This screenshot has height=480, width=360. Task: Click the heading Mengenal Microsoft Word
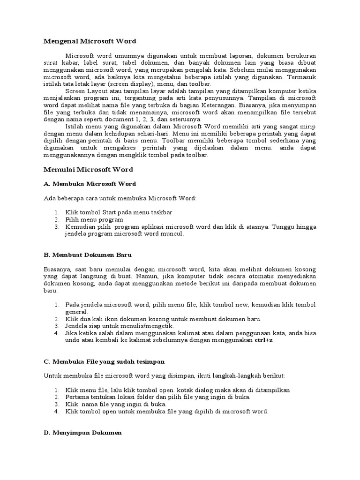pos(90,41)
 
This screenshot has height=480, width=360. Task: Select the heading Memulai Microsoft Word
pos(88,170)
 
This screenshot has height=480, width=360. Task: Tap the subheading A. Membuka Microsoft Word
pos(90,184)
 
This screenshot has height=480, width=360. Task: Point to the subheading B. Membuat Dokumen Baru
pos(88,255)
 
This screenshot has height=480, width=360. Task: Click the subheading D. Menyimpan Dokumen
pos(82,433)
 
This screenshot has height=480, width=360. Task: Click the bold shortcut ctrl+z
pos(263,340)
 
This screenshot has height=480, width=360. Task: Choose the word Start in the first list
pos(105,212)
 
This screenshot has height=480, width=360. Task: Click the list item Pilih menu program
pos(94,219)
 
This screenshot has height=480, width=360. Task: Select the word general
pos(76,312)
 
